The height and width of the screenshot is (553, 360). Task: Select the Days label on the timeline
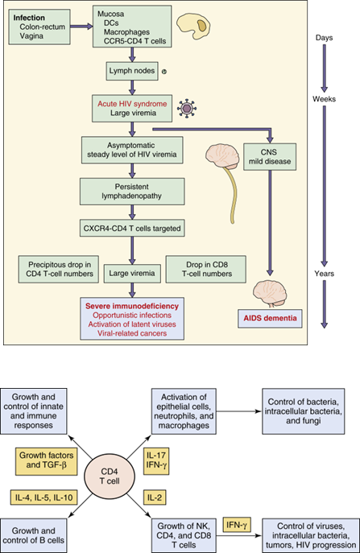(325, 37)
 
